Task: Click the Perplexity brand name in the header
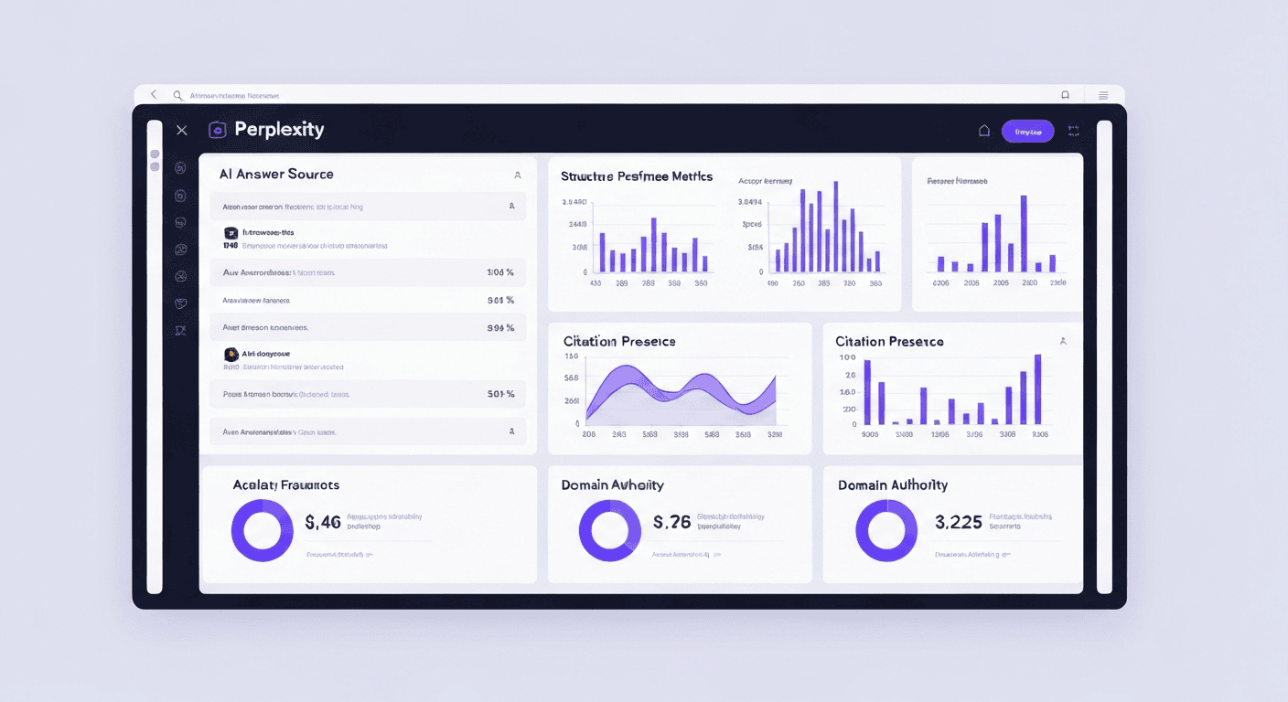279,130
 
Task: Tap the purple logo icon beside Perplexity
217,130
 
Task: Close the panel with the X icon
181,131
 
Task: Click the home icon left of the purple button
984,131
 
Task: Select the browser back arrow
154,95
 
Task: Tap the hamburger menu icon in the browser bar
1103,95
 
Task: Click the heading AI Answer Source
276,174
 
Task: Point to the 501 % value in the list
500,394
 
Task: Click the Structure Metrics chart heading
636,176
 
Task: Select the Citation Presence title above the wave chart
619,341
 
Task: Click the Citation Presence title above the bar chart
889,341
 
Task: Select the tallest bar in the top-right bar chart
1023,233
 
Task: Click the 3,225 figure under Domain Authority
958,523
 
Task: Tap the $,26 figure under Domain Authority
672,523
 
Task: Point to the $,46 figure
323,523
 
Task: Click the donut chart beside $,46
262,530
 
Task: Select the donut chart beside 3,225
885,530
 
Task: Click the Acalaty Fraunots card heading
285,484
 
